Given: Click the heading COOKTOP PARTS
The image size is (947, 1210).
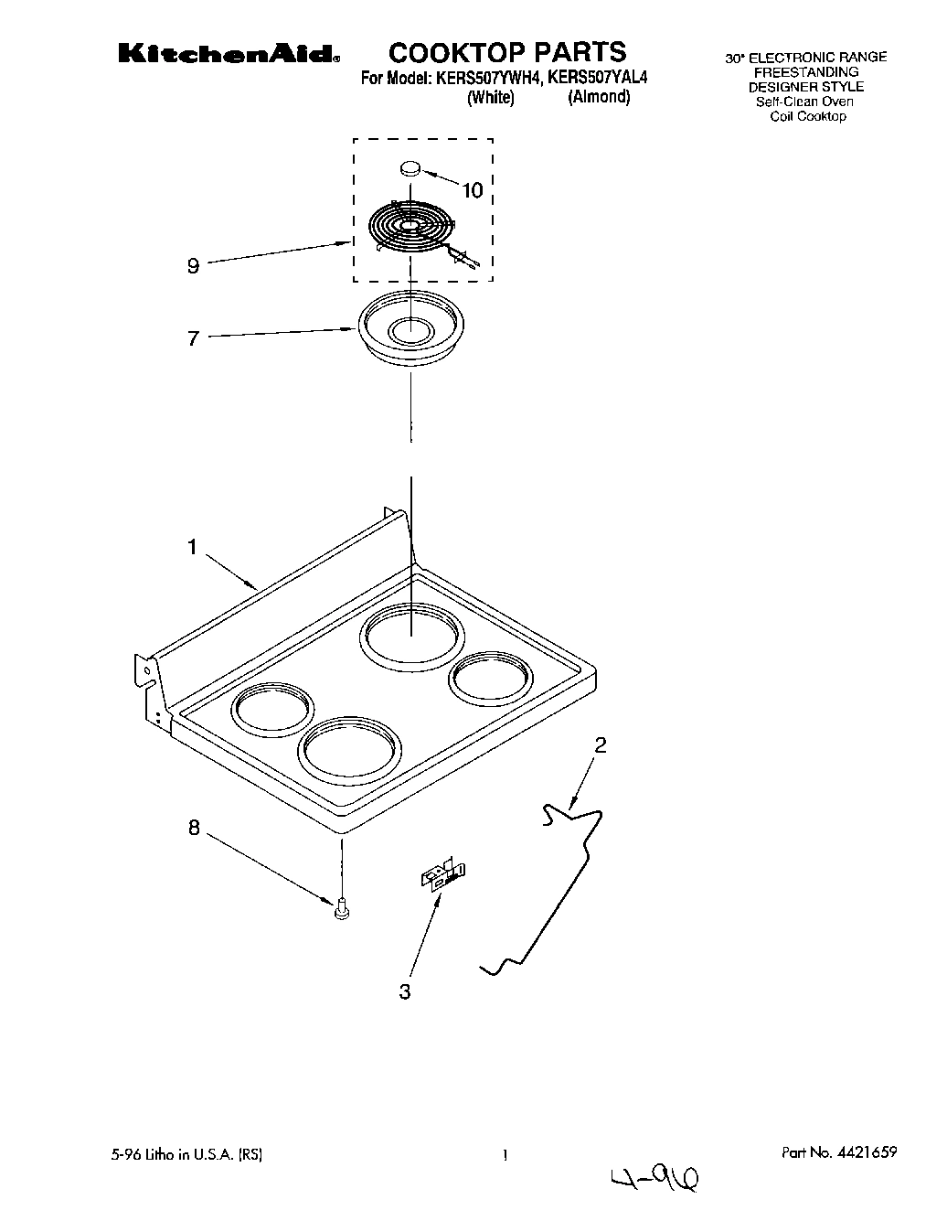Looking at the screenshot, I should tap(508, 51).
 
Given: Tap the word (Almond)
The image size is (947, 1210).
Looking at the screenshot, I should tap(599, 97).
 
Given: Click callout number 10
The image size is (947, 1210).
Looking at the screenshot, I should tap(472, 190).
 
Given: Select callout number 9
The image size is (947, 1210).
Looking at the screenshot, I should tap(193, 266).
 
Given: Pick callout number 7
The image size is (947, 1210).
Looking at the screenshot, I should tap(193, 338).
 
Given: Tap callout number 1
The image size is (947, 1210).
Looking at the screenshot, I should tap(193, 547).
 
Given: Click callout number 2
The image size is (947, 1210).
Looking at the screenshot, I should tap(601, 744).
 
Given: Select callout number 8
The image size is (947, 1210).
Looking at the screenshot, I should tap(193, 828).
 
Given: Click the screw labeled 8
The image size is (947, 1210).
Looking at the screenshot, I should tap(342, 907).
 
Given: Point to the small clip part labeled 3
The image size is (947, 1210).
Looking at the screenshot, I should tap(443, 873).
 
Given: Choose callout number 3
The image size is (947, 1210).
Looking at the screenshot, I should tap(405, 991).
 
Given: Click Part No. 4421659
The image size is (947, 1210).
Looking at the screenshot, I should tap(839, 1153).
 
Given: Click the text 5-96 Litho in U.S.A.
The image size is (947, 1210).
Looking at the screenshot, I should tap(204, 1155).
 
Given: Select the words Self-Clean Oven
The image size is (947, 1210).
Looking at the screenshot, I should tap(804, 102).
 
